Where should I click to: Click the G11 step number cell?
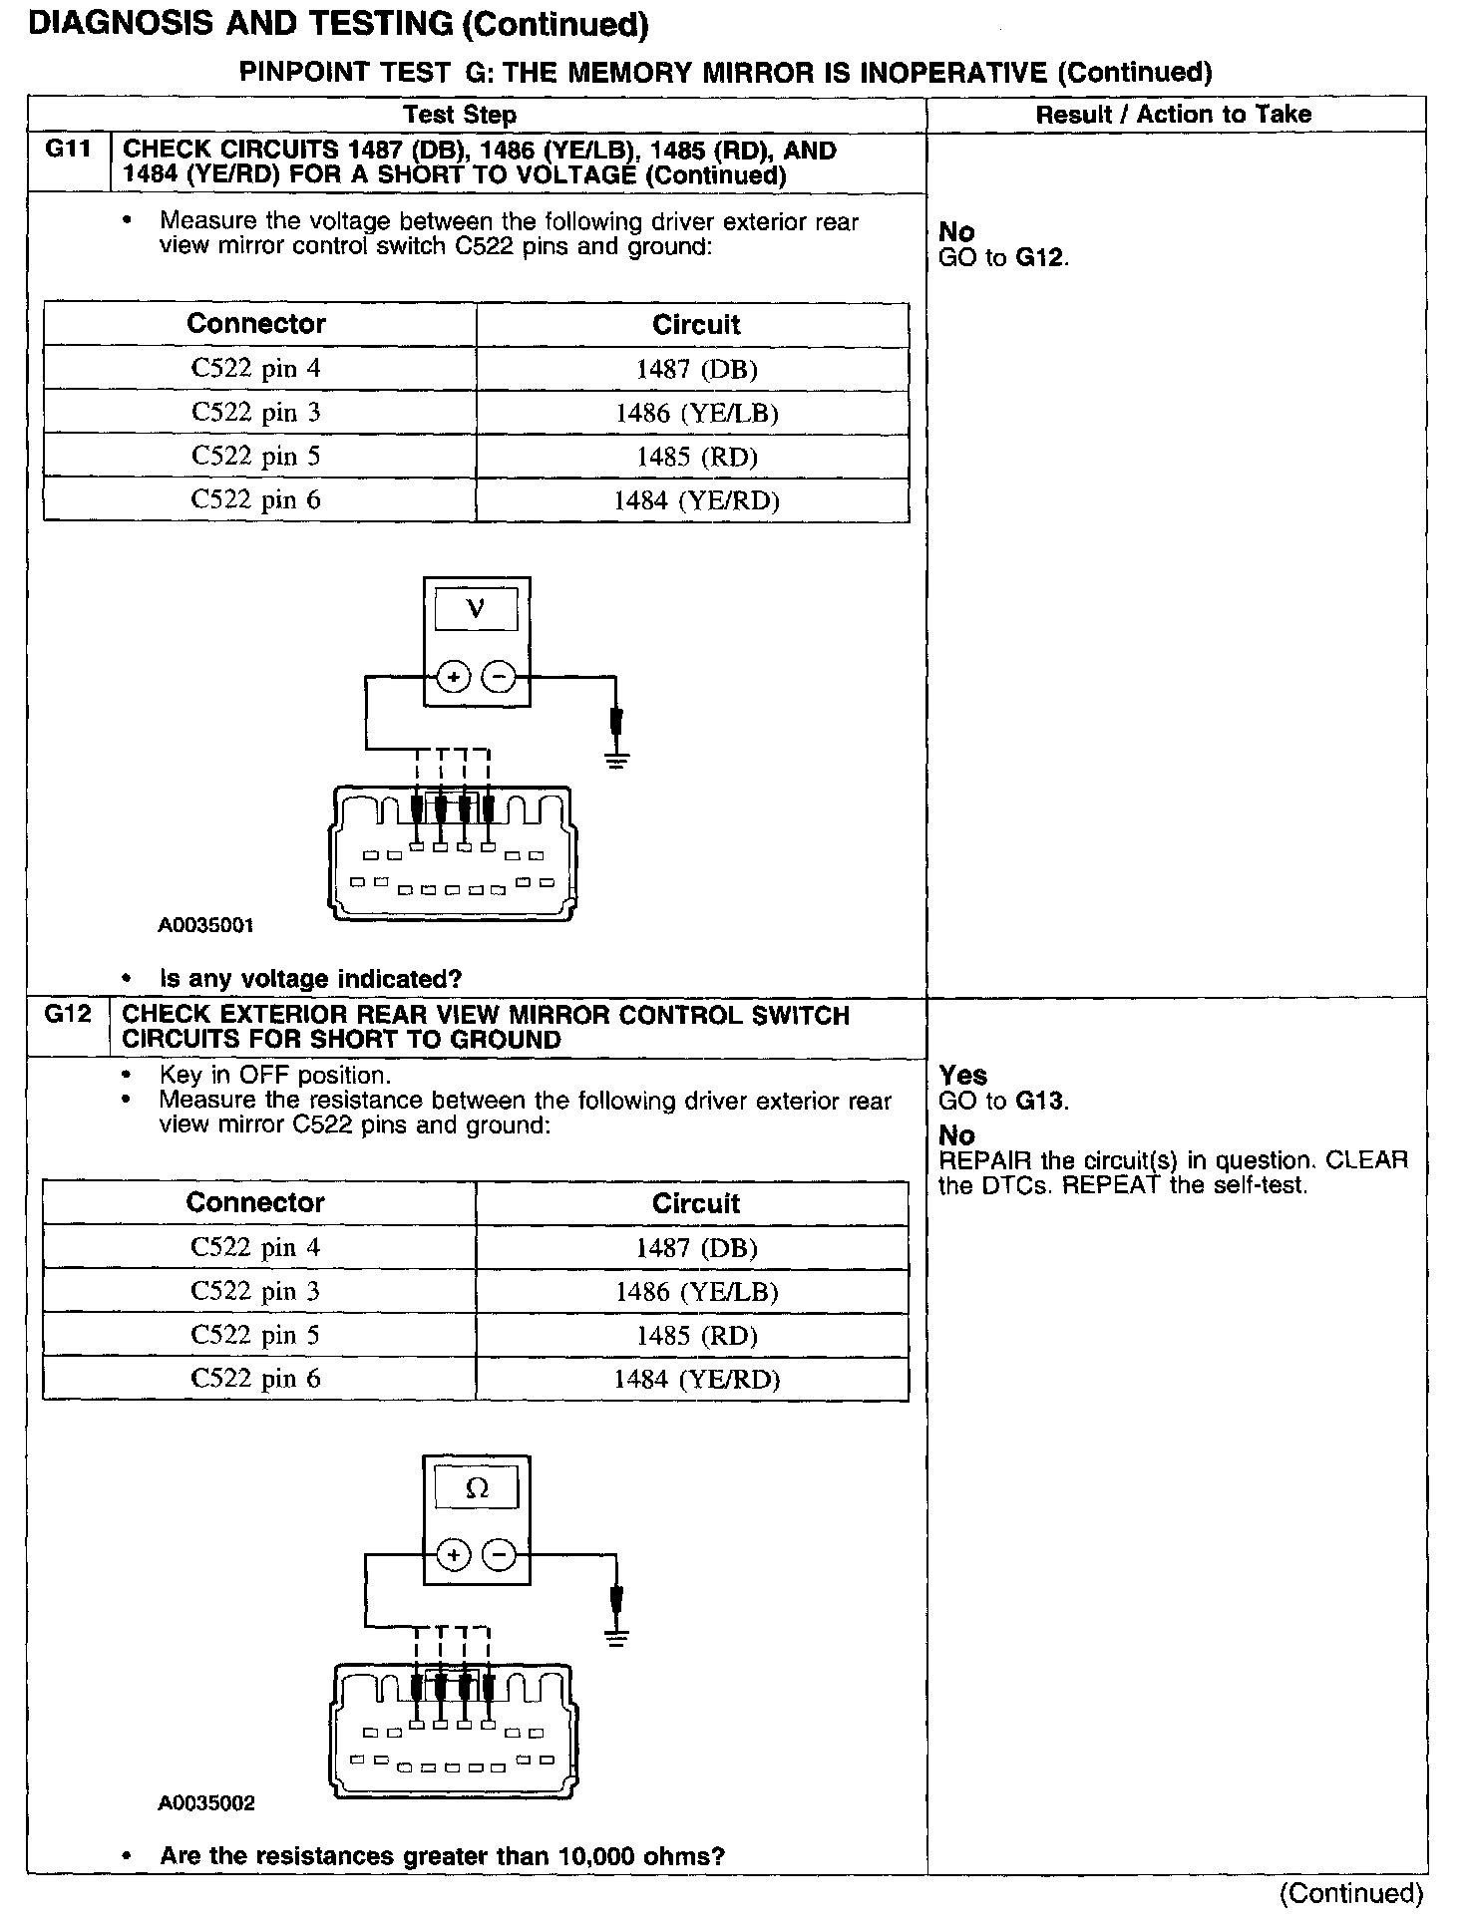point(68,151)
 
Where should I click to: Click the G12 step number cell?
point(68,1015)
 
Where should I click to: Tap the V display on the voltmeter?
point(476,609)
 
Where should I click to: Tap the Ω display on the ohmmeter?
point(477,1489)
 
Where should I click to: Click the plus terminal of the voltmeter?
point(454,678)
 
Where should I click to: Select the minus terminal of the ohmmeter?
point(499,1555)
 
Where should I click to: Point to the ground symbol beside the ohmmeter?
point(617,1636)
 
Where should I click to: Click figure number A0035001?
point(205,925)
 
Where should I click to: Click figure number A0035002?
point(205,1803)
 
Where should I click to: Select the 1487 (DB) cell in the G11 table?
point(696,370)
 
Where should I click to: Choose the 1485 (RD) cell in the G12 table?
point(696,1336)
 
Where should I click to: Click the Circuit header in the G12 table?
point(696,1203)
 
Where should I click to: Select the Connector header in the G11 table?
point(256,324)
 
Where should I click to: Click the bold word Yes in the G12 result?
point(962,1076)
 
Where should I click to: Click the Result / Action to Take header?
point(1173,115)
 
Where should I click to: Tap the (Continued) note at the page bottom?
point(1350,1893)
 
